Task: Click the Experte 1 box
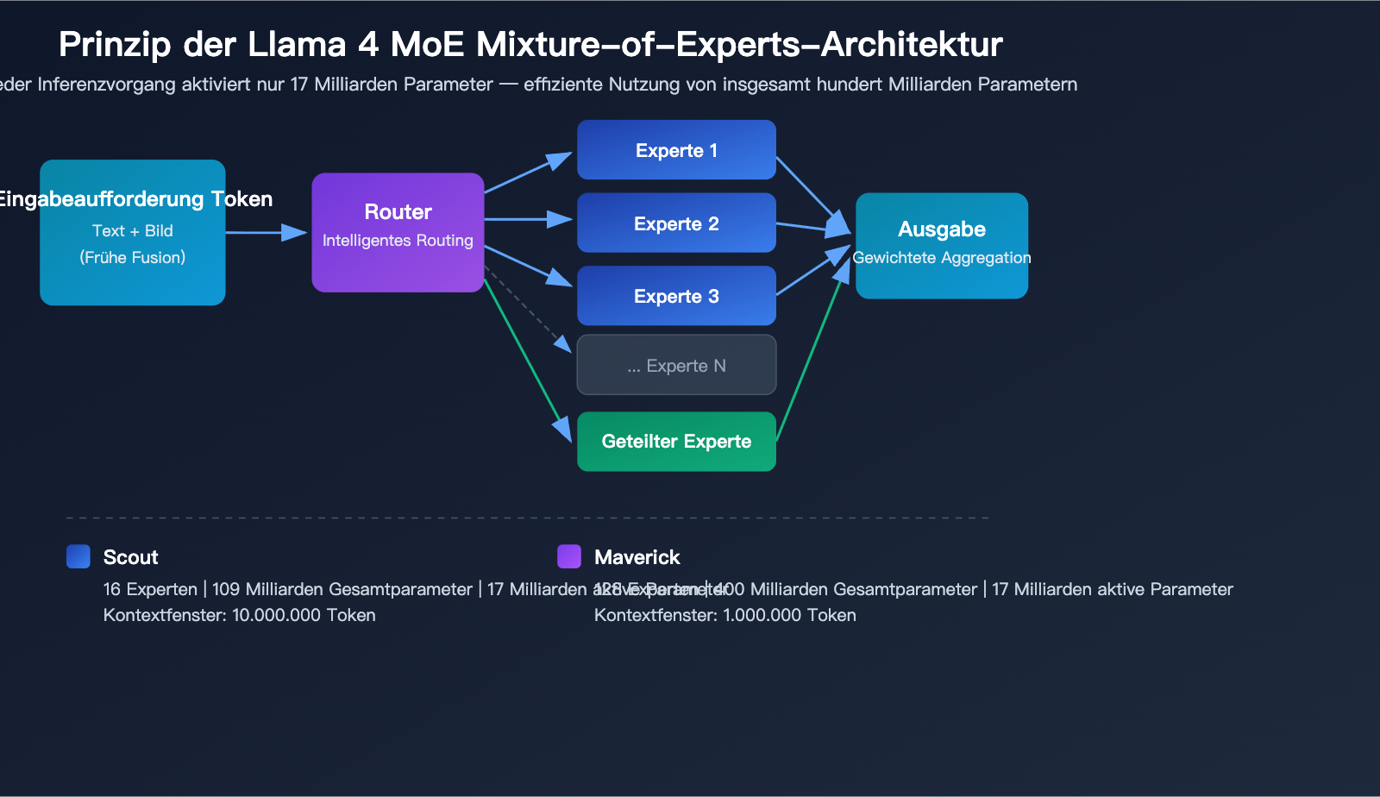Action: tap(676, 150)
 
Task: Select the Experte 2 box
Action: tap(676, 223)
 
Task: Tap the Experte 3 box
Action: tap(676, 296)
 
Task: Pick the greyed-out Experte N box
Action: tap(676, 365)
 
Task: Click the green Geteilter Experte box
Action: tap(676, 442)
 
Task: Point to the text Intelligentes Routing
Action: tap(398, 241)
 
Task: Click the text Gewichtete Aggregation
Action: tap(941, 258)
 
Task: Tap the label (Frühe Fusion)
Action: tap(133, 258)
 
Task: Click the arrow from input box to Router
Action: tap(266, 232)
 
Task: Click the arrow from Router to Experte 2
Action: tap(528, 220)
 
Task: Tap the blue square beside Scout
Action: tap(78, 556)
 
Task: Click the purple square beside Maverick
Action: tap(569, 556)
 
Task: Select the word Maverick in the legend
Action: tap(637, 557)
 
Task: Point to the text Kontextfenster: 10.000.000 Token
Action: tap(239, 615)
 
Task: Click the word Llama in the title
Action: tap(297, 45)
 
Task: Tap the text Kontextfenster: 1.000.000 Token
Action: tap(724, 615)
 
